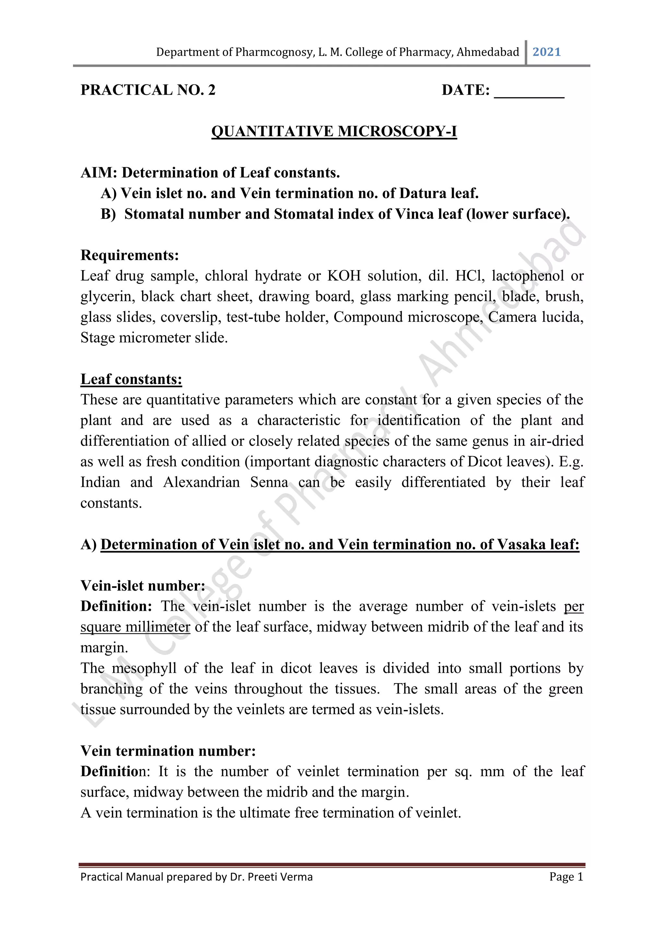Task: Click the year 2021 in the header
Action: pos(547,52)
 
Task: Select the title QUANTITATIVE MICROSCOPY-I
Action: pos(334,131)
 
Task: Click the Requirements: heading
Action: pos(130,255)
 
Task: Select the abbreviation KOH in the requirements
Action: pos(344,276)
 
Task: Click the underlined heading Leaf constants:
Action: pos(131,379)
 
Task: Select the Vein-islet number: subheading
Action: pos(143,586)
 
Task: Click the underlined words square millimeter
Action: pos(135,627)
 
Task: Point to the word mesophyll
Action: pos(144,668)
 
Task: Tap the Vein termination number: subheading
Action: pos(168,751)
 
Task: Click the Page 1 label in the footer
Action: pos(566,877)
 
